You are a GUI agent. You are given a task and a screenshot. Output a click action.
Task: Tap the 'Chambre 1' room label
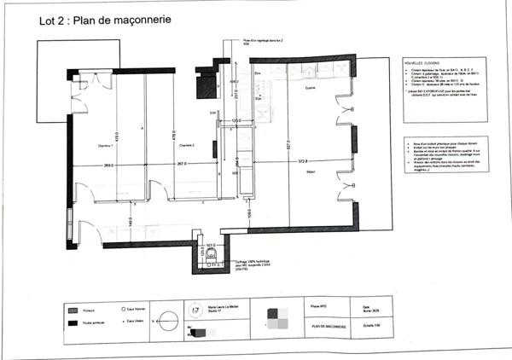pyautogui.click(x=105, y=147)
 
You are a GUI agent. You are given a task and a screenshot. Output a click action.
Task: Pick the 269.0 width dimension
pyautogui.click(x=108, y=165)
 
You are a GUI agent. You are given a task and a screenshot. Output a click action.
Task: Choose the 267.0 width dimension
pyautogui.click(x=182, y=165)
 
